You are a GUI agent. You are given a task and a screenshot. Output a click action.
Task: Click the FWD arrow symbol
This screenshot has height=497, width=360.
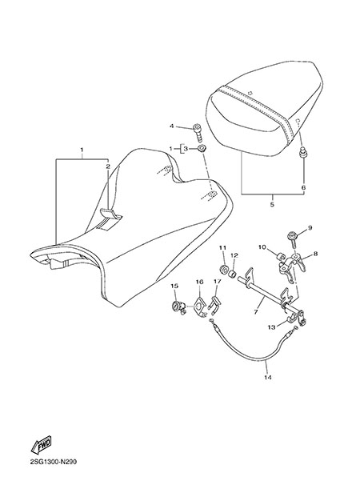pos(41,445)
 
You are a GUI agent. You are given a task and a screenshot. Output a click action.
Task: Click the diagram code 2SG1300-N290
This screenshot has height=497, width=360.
pos(53,463)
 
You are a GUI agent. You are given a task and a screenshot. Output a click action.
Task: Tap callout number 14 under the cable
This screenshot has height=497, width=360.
pos(268,378)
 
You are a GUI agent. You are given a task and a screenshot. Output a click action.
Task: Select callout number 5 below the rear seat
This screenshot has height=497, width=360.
pos(272,204)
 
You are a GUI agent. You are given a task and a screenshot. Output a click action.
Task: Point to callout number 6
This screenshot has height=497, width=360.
pos(303,187)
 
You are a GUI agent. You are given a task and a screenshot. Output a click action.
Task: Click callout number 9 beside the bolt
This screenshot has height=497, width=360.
pos(310,227)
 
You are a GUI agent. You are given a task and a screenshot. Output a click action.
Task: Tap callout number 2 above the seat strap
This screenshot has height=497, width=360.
pos(108,166)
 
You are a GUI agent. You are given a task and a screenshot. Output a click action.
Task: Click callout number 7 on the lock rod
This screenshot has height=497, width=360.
pos(256,312)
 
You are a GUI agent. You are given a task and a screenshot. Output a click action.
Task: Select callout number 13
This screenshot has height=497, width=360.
pos(271,327)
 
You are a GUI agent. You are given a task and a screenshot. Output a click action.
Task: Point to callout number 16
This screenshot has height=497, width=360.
pos(199,282)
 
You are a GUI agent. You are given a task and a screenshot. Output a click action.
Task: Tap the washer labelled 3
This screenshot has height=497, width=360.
pos(202,148)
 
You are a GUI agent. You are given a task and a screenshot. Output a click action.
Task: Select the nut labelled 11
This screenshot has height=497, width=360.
pos(223,270)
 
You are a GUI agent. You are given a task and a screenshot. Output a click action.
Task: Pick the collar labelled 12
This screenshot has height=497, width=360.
pos(234,272)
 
